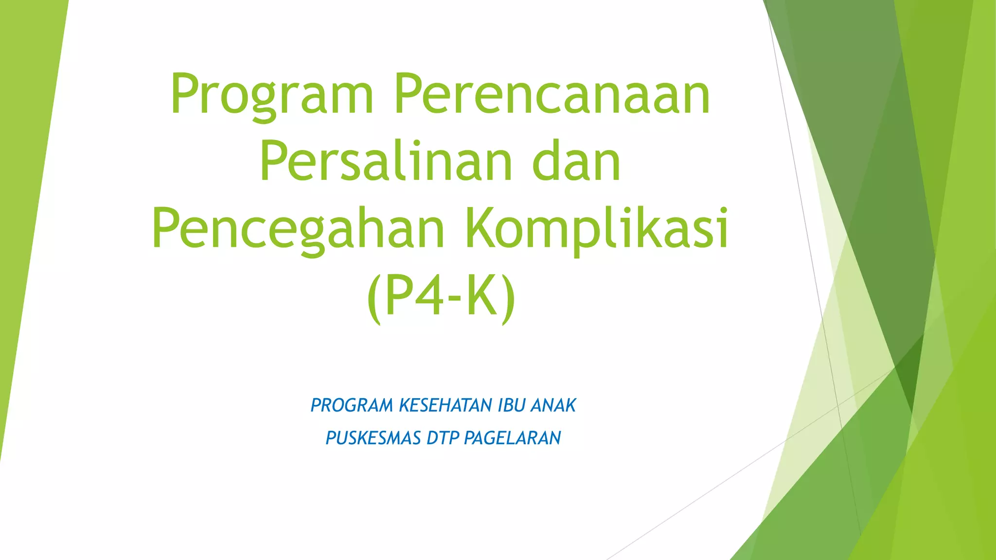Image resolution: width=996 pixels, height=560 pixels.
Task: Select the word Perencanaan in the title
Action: point(552,95)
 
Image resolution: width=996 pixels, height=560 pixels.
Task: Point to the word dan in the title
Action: point(576,161)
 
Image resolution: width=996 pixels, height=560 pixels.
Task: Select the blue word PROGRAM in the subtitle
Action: point(352,405)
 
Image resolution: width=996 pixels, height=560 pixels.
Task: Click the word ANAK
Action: point(553,405)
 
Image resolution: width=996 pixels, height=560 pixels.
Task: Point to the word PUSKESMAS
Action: point(373,438)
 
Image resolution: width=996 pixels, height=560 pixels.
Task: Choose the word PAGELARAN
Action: point(513,438)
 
